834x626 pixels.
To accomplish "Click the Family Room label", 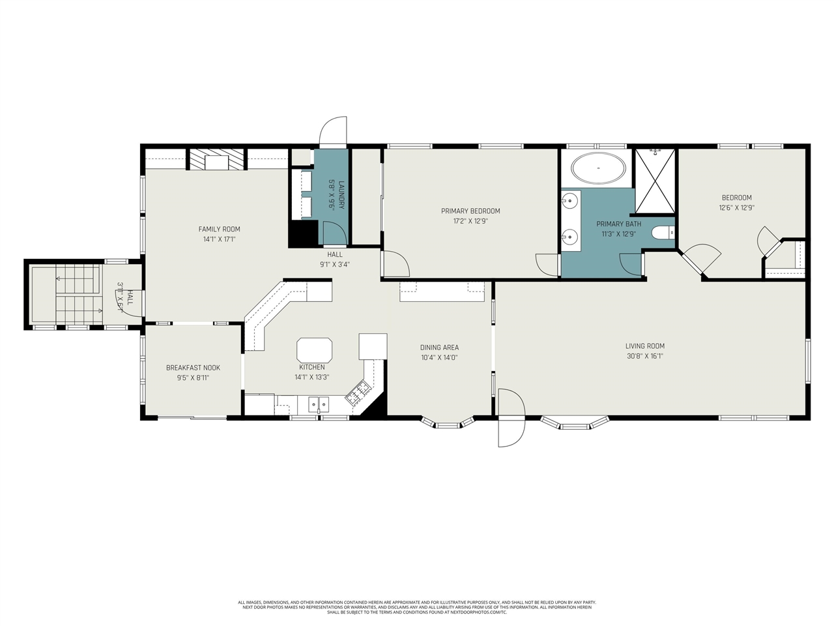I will click(x=219, y=229).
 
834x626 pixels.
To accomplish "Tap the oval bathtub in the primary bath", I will click(x=599, y=169).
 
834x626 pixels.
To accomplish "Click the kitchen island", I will click(x=315, y=350).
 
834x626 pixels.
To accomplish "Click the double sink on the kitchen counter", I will click(x=319, y=405).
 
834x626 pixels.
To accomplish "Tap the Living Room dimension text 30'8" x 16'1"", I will click(x=644, y=356).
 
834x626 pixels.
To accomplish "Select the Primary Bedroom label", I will click(x=470, y=211).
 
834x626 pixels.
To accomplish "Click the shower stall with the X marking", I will click(x=655, y=181).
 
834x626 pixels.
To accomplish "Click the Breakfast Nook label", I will click(x=193, y=368).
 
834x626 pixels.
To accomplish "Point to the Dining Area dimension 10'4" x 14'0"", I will click(x=439, y=357).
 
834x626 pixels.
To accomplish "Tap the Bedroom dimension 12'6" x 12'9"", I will click(x=736, y=208).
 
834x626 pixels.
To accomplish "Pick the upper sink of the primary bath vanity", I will click(x=570, y=201).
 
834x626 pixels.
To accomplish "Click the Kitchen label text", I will click(x=311, y=367).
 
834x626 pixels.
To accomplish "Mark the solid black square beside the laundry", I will click(x=303, y=233).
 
